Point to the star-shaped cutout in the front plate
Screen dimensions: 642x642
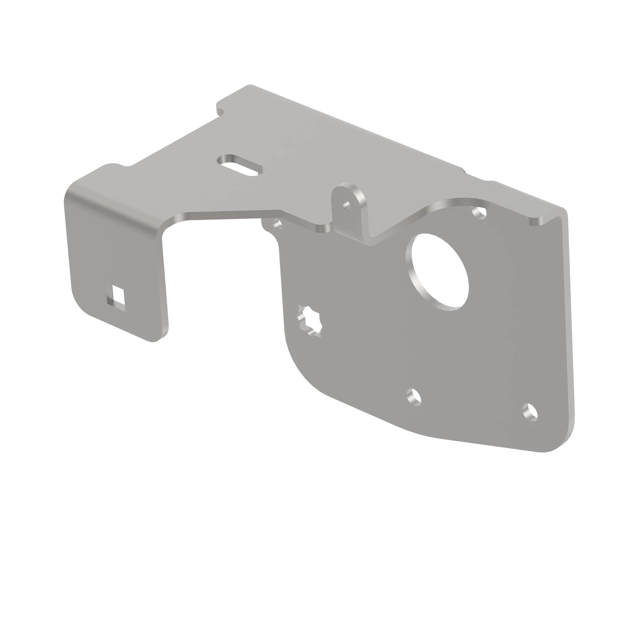310,321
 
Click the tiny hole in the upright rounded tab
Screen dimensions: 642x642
346,204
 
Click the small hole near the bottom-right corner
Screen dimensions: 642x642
530,412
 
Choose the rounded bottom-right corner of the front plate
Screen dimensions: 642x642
561,442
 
